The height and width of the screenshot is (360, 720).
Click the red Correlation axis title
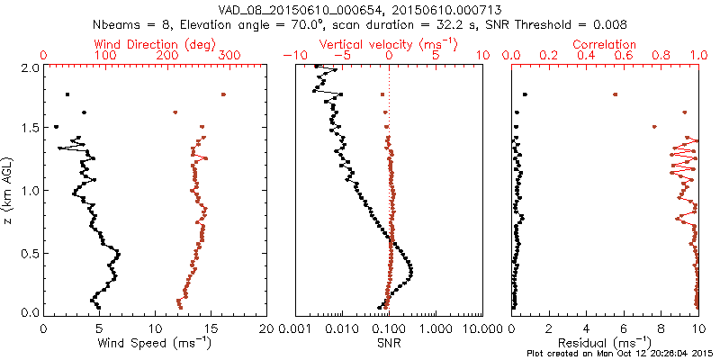(x=605, y=44)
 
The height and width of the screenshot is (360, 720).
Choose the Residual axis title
(x=605, y=343)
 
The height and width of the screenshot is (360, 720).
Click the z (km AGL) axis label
(x=10, y=189)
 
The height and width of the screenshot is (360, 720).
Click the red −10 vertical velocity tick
(x=292, y=56)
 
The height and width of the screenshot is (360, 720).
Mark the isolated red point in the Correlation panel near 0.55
(x=615, y=94)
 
